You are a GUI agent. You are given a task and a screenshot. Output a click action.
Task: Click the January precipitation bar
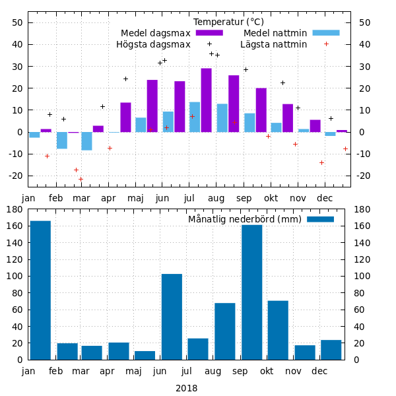coord(40,290)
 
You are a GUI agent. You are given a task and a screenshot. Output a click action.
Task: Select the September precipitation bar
coord(251,292)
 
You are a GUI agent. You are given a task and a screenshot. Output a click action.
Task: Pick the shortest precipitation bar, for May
coord(145,355)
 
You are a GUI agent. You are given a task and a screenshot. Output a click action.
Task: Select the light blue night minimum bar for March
coord(86,141)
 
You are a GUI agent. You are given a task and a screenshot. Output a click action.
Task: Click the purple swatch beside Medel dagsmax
coord(209,33)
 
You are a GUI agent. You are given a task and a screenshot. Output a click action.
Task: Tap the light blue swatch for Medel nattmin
coord(325,33)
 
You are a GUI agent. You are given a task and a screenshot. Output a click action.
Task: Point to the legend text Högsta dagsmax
coord(153,44)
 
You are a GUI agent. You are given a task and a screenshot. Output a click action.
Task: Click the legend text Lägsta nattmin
coord(274,44)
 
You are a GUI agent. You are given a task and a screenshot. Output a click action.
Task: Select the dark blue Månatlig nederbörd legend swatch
coord(320,219)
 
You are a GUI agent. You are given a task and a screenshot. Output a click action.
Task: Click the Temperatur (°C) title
coord(228,22)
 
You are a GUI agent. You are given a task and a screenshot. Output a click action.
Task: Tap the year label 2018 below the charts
coord(186,388)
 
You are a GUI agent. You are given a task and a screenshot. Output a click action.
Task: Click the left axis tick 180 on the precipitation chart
coord(15,209)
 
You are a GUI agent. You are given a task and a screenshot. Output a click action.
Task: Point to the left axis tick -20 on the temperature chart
coord(15,176)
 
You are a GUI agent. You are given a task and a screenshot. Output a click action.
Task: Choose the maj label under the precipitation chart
coord(135,371)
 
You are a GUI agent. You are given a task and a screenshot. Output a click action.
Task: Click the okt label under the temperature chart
coord(267,198)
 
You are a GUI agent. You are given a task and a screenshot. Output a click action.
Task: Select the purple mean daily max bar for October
coord(261,110)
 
